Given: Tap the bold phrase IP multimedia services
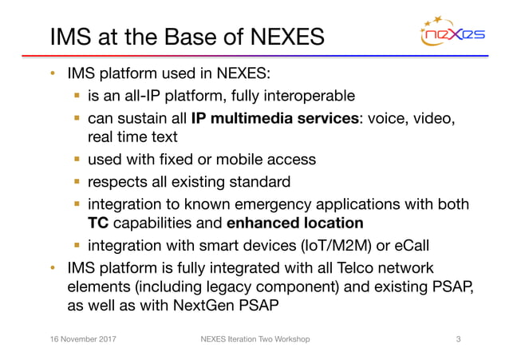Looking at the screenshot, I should (276, 119).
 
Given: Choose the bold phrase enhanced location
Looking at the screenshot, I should (294, 223).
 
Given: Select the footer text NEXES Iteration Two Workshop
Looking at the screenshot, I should (254, 340).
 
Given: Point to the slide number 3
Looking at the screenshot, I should (458, 340).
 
